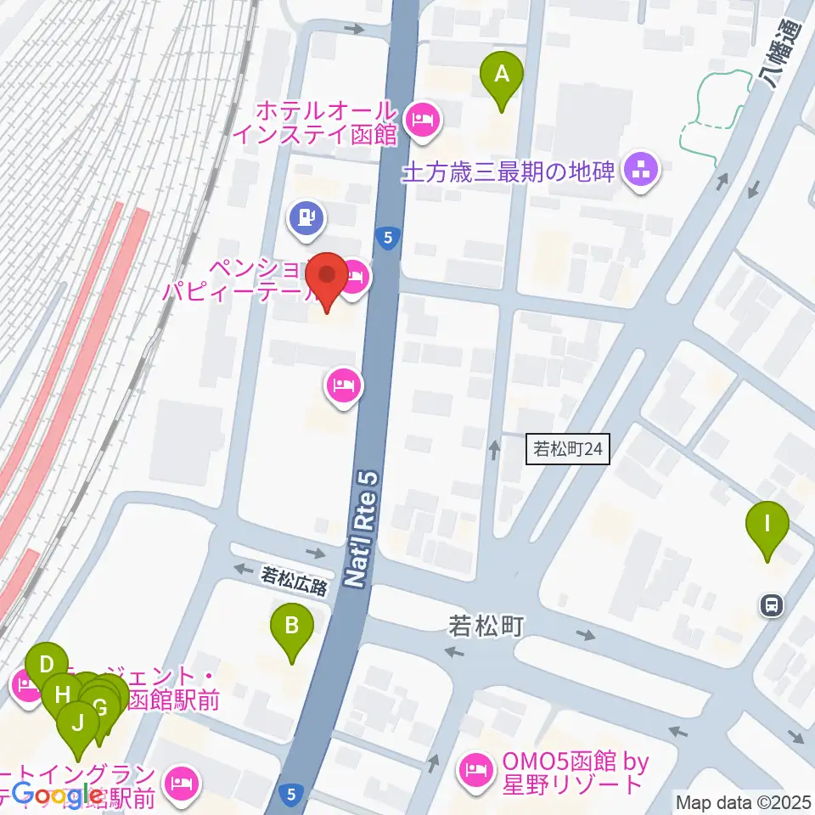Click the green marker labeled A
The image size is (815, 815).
(502, 75)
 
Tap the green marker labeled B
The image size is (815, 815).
(291, 628)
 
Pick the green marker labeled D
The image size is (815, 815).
(47, 665)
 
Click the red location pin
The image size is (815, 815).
(325, 276)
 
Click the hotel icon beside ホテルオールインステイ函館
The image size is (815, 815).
(422, 120)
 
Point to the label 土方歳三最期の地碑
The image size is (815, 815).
(508, 172)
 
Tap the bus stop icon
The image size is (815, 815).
(771, 605)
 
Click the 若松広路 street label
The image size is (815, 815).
(294, 585)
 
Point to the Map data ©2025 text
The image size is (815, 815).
(743, 801)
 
